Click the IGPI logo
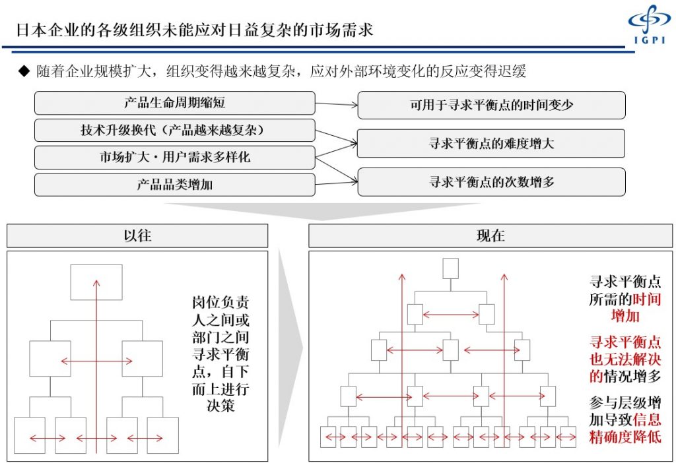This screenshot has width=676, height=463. pos(650,24)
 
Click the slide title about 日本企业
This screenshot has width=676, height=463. pos(195,30)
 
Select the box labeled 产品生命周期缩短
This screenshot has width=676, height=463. pos(174,103)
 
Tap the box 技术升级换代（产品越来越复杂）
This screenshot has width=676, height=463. pos(174,130)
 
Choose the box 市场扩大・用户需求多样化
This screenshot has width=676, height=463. pos(174,157)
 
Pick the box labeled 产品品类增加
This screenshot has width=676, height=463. pos(174,185)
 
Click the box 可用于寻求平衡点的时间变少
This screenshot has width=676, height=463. pos(491,105)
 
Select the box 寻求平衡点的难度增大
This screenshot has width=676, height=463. pos(491,143)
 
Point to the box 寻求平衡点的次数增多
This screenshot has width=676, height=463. pos(491,182)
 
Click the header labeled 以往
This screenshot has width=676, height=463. pos(137,235)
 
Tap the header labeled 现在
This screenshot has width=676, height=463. pos(490,235)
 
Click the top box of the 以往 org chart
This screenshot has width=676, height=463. pos(96,282)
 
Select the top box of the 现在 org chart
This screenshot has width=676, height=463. pos(450,268)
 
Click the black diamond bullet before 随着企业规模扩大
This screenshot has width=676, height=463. pos(24,71)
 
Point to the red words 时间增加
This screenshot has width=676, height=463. pos(636,307)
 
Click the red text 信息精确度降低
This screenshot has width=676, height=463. pos(626,428)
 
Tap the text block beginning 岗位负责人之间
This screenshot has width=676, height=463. pos(220,354)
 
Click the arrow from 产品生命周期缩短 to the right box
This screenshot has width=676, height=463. pos(336,104)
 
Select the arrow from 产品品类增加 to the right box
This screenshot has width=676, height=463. pos(336,183)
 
